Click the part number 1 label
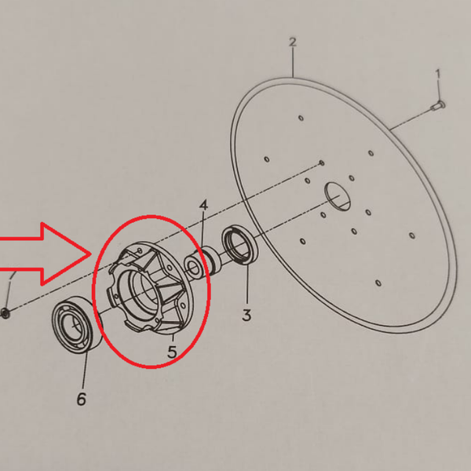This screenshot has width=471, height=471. point(438,74)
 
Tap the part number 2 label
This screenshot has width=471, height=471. point(293,42)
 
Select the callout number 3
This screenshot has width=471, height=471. point(246,316)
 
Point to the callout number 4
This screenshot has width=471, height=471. point(203,206)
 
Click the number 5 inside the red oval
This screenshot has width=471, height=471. point(172,352)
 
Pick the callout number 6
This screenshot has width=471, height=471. point(82,400)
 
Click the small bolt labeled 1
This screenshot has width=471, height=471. point(439,106)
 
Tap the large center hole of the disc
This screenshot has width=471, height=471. point(338,196)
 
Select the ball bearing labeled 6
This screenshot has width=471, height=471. point(77,323)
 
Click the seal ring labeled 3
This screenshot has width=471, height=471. point(239,245)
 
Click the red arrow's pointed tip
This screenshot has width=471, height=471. point(91,254)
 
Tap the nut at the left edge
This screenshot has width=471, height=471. point(5,313)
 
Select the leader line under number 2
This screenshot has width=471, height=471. point(293,63)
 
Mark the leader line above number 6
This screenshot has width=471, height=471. point(85,371)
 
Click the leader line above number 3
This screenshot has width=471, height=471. point(247,285)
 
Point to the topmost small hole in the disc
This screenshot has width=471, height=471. point(301,118)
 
